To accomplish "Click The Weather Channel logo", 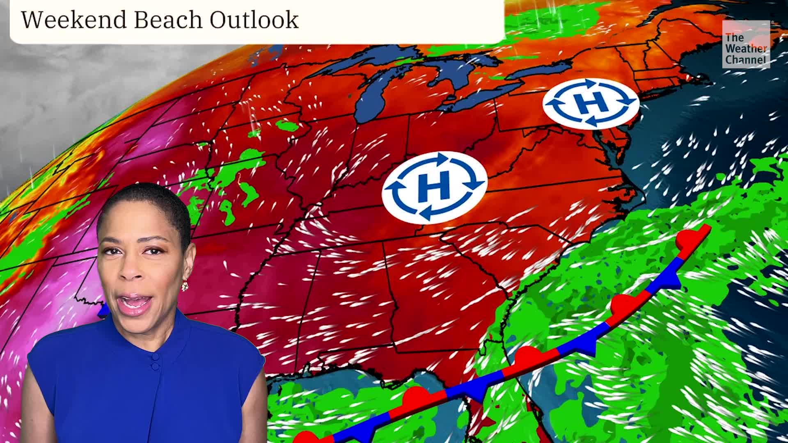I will [746, 44].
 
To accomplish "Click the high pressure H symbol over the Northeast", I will [591, 103].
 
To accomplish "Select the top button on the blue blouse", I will [154, 356].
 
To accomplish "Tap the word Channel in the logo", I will [745, 60].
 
